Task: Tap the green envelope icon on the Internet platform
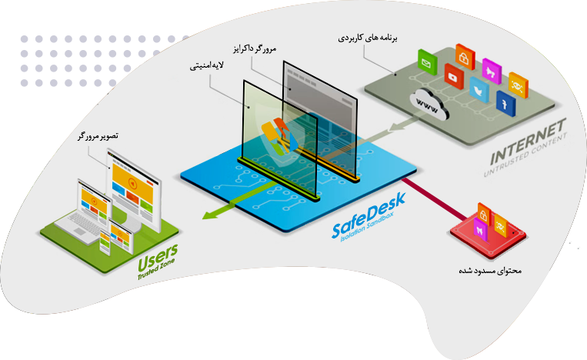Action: [424, 59]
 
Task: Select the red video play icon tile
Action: [452, 75]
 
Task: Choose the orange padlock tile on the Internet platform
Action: [464, 56]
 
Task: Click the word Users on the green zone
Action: [157, 252]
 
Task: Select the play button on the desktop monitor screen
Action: [134, 183]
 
